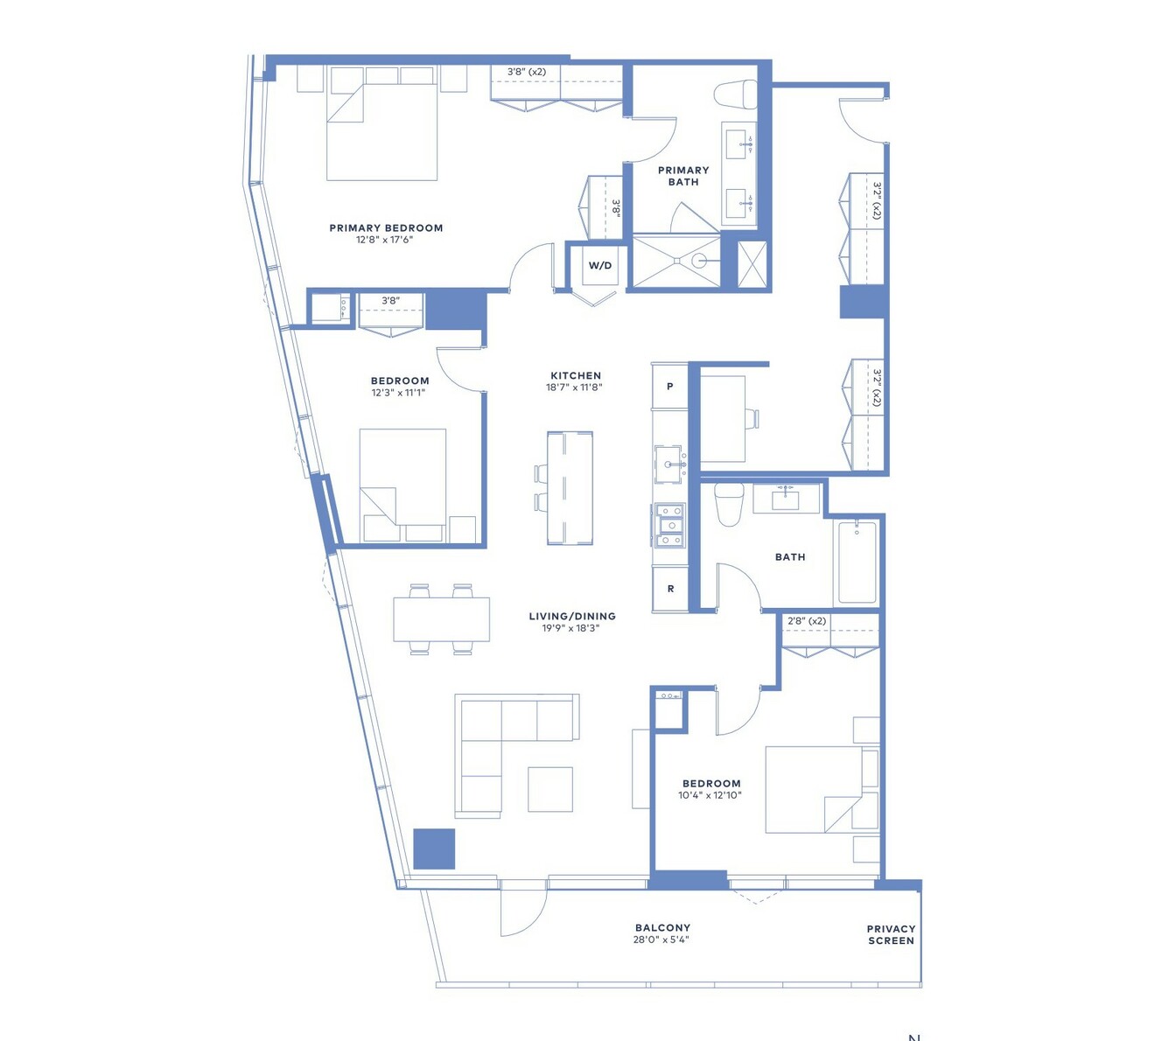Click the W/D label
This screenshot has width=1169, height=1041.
(x=599, y=266)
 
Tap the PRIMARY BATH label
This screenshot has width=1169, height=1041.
(x=683, y=176)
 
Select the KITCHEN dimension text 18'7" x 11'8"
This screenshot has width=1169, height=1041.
(x=574, y=388)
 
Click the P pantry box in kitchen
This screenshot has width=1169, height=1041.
(x=669, y=386)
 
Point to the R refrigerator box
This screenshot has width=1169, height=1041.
(x=670, y=589)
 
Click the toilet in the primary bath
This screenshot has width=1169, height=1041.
(x=735, y=94)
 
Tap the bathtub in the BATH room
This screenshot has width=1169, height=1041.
(x=857, y=562)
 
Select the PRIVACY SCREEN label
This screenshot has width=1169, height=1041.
(x=890, y=935)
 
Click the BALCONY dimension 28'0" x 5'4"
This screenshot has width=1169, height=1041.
(x=661, y=940)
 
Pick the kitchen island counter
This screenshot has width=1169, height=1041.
(x=570, y=488)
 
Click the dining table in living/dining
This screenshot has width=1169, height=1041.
(x=441, y=619)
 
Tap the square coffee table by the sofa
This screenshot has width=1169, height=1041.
(x=550, y=789)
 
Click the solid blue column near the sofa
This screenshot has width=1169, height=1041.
(x=434, y=849)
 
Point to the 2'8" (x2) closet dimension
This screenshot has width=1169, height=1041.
(x=807, y=621)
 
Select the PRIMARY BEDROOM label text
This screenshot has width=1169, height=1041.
(x=386, y=228)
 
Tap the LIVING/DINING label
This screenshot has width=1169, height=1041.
(x=571, y=617)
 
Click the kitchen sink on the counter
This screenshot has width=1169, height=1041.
(x=669, y=465)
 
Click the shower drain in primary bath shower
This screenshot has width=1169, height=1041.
(x=697, y=261)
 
